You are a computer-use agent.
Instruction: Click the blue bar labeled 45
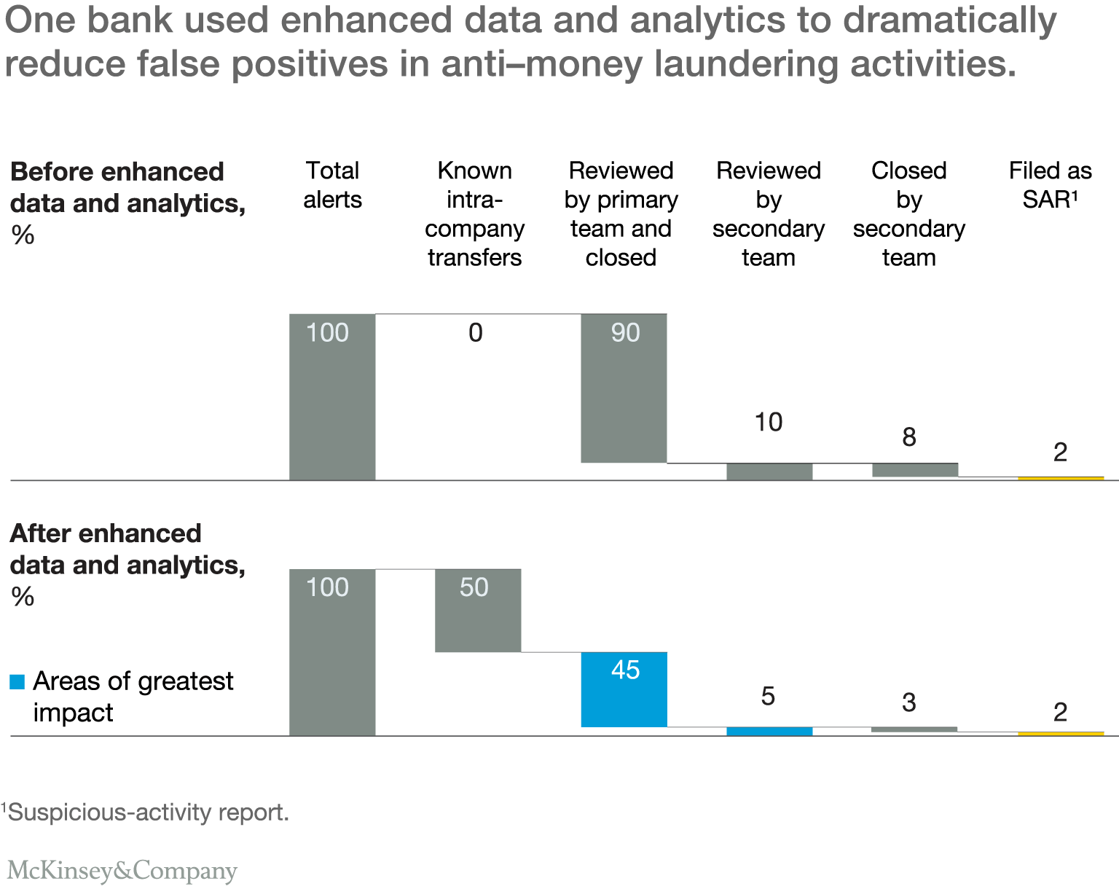tap(624, 689)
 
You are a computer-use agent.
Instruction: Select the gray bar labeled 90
tap(624, 388)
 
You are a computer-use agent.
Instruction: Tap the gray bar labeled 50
tap(478, 611)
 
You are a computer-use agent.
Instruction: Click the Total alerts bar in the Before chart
tap(332, 397)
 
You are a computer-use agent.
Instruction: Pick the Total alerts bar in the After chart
tap(332, 652)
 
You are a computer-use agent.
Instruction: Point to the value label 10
tap(769, 423)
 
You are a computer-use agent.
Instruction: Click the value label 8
tap(909, 437)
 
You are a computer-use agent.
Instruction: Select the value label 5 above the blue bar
tap(768, 697)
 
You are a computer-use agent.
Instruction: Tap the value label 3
tap(909, 702)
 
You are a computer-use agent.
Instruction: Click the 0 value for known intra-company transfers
tap(476, 333)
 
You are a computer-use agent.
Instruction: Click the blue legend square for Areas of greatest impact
tap(17, 682)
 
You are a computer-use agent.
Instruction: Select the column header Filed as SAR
tap(1051, 185)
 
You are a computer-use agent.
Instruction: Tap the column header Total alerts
tap(332, 185)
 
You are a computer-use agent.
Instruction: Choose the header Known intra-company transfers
tap(475, 214)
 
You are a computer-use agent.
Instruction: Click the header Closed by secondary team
tap(909, 214)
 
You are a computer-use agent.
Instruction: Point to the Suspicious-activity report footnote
tap(146, 812)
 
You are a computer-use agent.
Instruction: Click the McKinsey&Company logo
tap(122, 870)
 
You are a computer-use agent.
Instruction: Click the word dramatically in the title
tap(950, 20)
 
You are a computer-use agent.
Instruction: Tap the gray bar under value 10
tap(769, 471)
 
